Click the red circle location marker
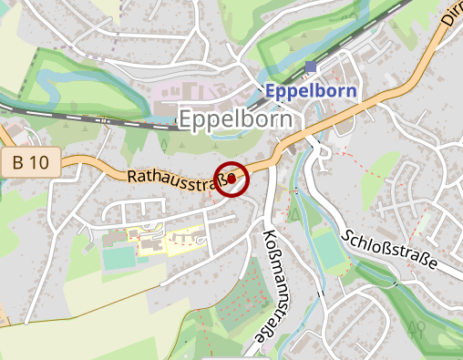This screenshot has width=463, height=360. click(232, 178)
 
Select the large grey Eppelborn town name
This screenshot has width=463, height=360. click(236, 118)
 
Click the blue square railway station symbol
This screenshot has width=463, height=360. click(312, 67)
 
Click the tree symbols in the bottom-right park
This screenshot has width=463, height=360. click(419, 327)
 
